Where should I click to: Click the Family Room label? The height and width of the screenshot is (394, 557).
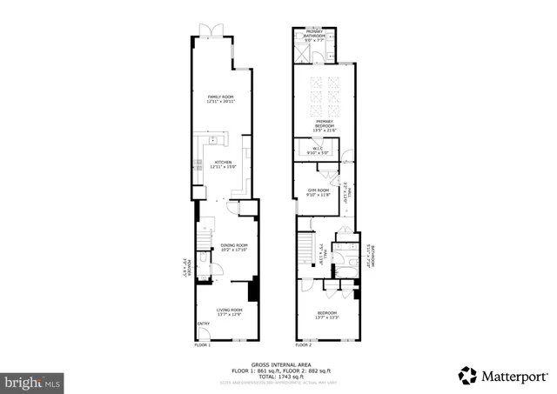click(x=221, y=99)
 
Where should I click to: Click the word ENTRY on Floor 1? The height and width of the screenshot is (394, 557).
click(x=203, y=324)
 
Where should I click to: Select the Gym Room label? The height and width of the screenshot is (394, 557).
click(x=318, y=191)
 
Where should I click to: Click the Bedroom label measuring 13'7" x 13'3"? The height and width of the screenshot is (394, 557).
click(x=327, y=314)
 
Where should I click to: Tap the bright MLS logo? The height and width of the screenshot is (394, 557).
click(x=33, y=381)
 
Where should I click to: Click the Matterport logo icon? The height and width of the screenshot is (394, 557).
click(x=468, y=376)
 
